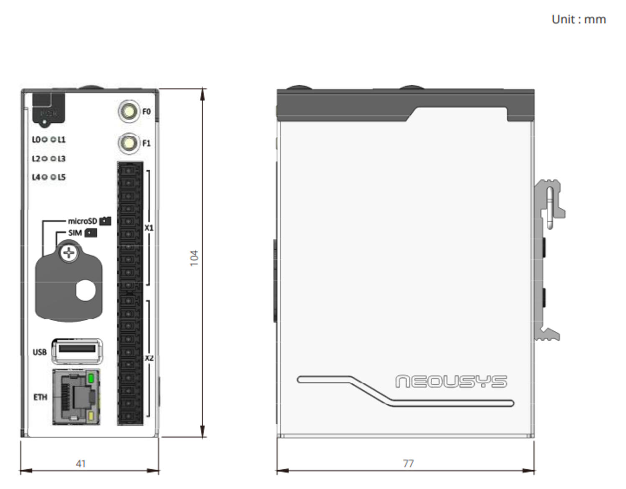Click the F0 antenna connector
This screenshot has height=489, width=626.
(x=129, y=111)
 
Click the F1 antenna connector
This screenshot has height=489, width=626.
(x=129, y=143)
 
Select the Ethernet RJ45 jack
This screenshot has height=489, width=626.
(x=76, y=396)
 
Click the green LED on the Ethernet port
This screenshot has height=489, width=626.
(x=91, y=379)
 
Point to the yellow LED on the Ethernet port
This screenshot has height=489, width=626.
(x=91, y=416)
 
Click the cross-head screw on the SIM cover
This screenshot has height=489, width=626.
(x=69, y=253)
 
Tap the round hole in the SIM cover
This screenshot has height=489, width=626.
(x=86, y=290)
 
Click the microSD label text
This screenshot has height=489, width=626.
(x=82, y=221)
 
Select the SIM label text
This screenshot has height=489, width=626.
(x=75, y=232)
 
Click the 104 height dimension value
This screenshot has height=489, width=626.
(x=194, y=258)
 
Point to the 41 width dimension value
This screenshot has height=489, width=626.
(x=81, y=464)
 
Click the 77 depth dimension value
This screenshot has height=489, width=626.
(x=408, y=464)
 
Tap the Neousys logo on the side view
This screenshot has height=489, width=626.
(x=451, y=381)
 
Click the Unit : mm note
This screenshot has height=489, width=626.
(x=578, y=19)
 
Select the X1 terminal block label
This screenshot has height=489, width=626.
(x=149, y=228)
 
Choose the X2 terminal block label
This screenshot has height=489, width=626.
(x=149, y=358)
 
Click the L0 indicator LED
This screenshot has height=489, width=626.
(x=44, y=139)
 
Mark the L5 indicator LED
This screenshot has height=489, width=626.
(x=53, y=177)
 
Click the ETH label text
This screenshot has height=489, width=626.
(x=40, y=397)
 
